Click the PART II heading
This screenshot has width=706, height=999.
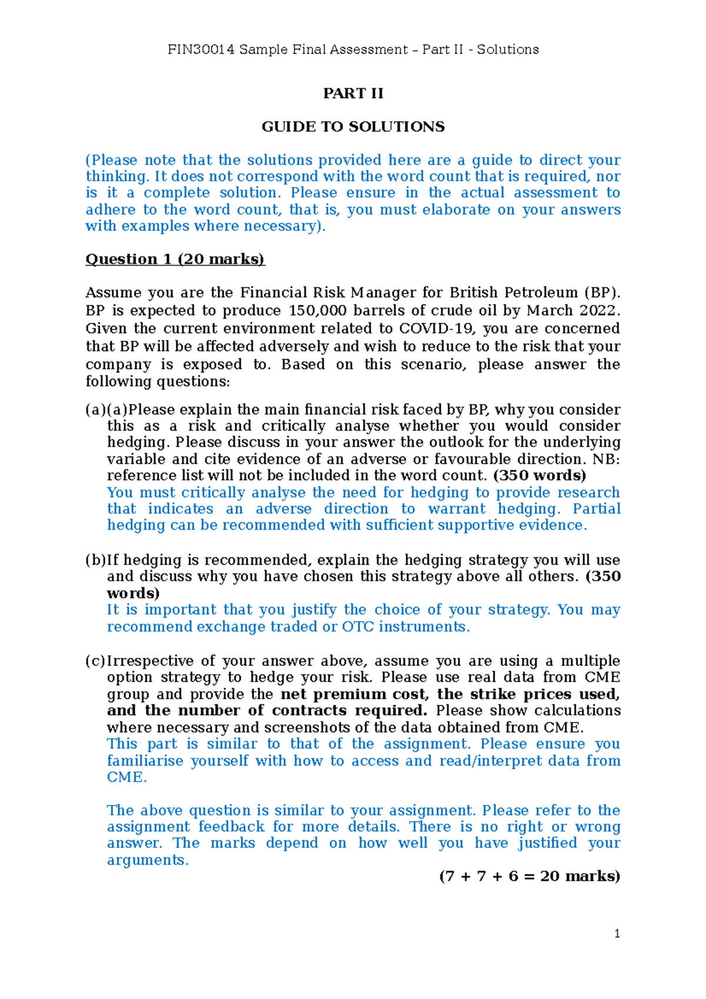(x=353, y=94)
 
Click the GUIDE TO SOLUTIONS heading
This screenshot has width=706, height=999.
(x=353, y=127)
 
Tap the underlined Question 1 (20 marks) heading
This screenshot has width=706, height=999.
(x=175, y=259)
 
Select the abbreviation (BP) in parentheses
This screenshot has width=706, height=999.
(x=602, y=293)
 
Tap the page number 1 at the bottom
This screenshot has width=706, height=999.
(x=617, y=934)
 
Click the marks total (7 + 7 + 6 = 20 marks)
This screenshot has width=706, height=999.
(x=529, y=877)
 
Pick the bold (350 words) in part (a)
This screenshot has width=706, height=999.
(x=540, y=475)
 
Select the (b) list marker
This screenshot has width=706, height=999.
(x=95, y=560)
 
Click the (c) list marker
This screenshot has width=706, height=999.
(x=95, y=661)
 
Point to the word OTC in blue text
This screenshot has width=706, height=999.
(x=358, y=627)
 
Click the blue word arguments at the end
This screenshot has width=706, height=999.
(x=147, y=860)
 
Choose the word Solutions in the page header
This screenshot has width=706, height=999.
(x=508, y=49)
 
